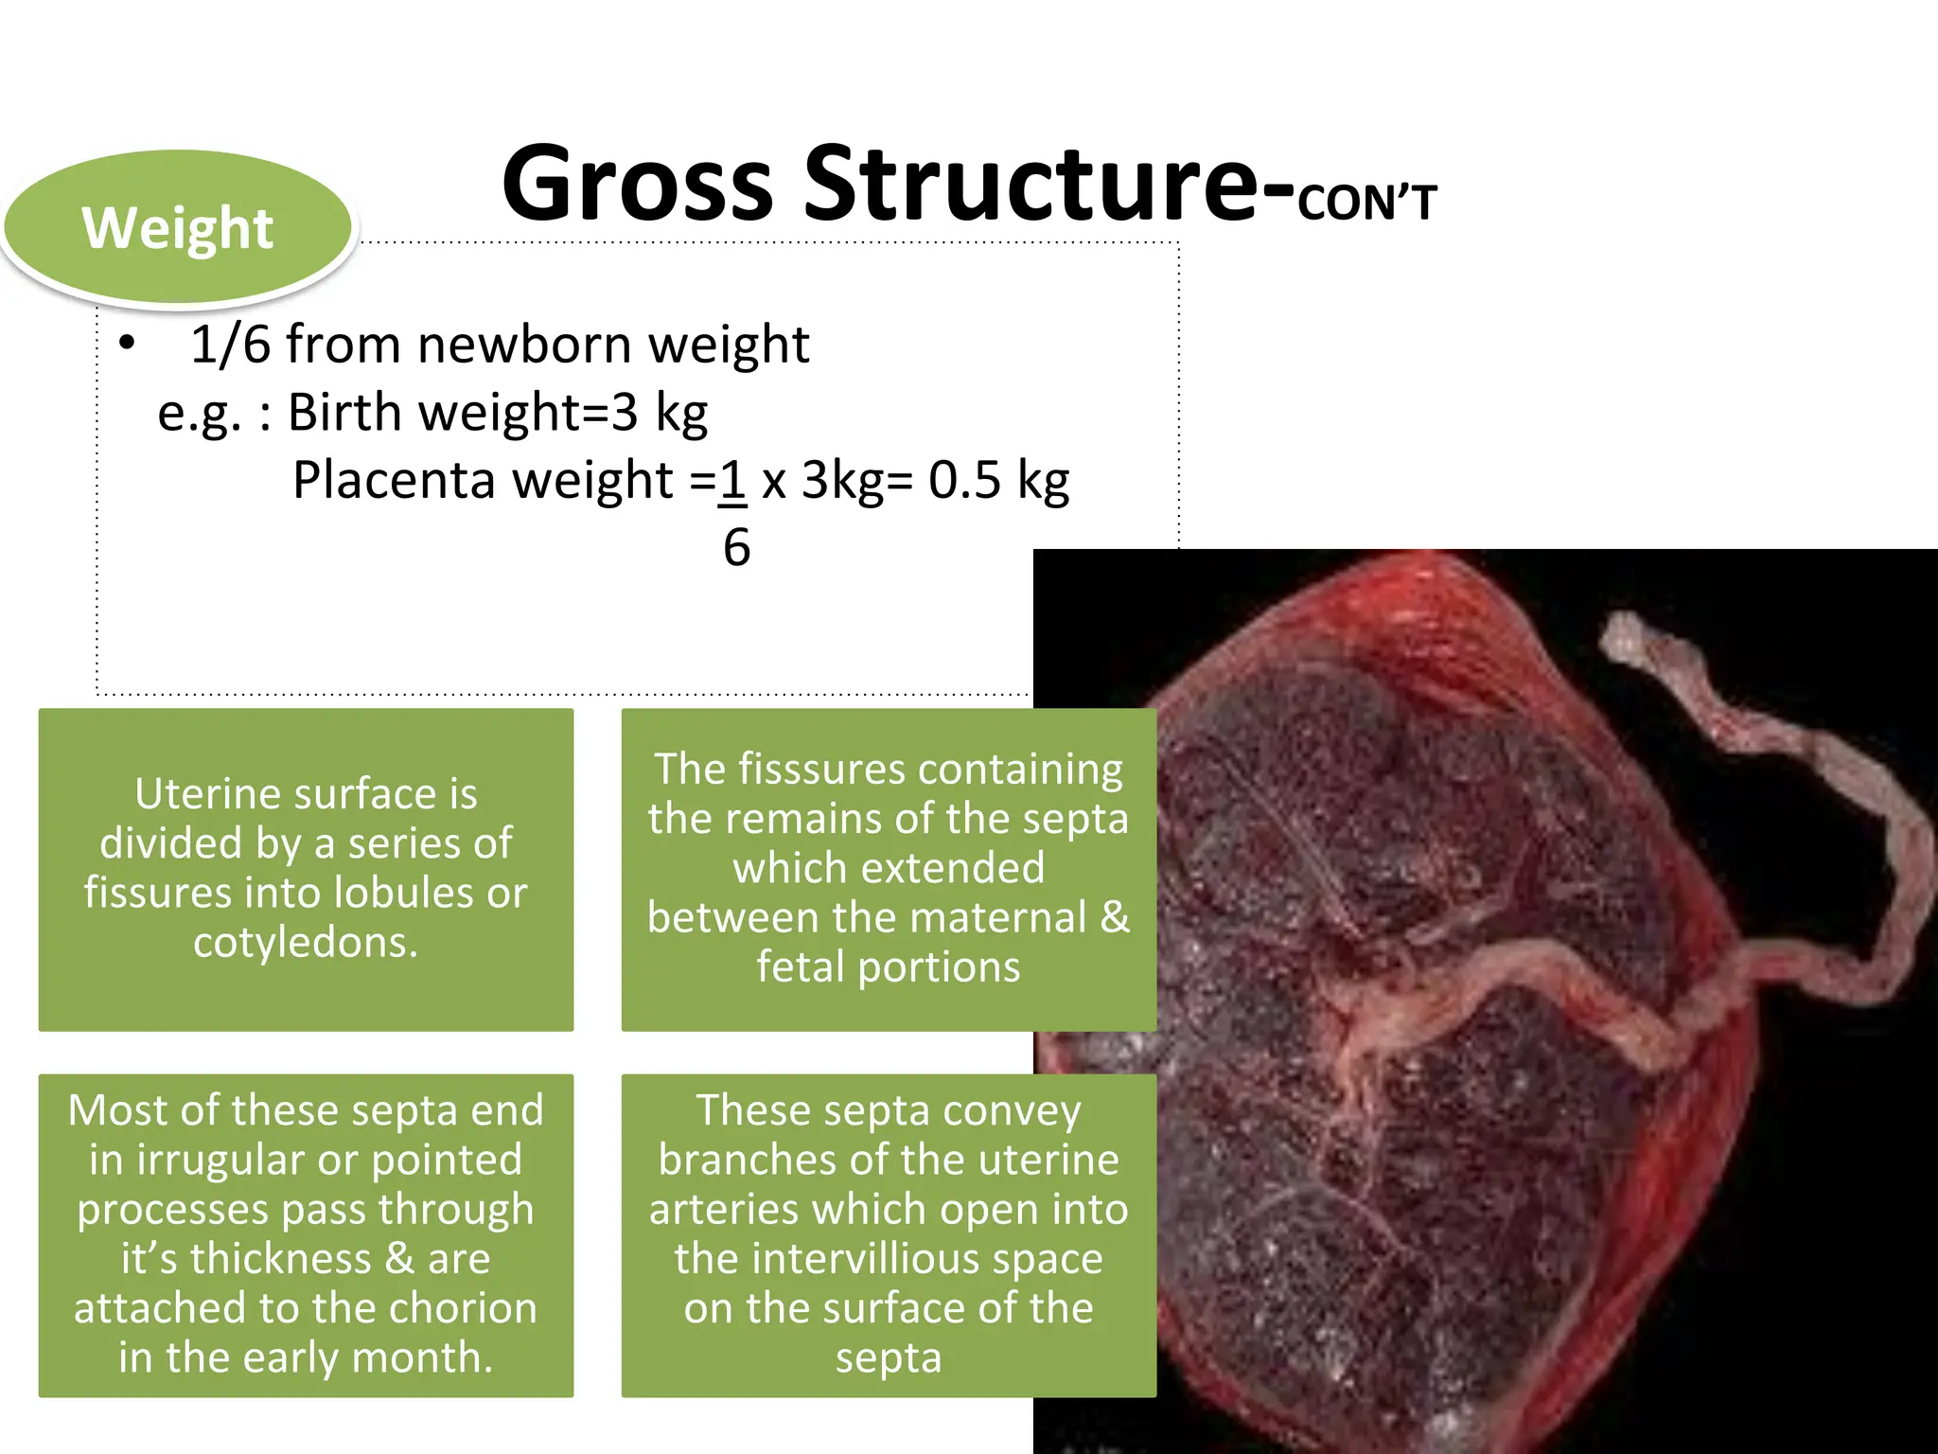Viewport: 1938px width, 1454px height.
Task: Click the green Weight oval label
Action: (178, 227)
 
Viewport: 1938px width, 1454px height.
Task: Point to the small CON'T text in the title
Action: (1366, 203)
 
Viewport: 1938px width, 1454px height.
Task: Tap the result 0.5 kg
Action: (998, 480)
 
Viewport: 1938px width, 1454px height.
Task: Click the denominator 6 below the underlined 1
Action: (736, 548)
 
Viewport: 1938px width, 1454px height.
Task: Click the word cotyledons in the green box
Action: (305, 942)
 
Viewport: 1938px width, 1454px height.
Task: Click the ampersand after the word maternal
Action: (1115, 917)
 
